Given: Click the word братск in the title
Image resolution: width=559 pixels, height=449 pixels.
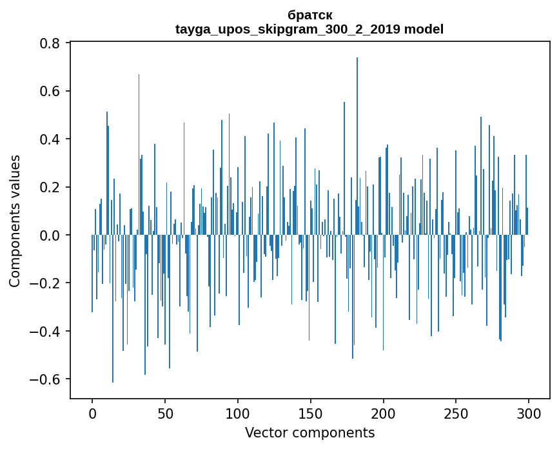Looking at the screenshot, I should click(x=310, y=15).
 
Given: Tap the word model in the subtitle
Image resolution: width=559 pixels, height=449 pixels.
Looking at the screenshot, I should click(x=424, y=29).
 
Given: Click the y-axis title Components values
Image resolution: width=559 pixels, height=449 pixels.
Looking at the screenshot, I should click(x=15, y=221).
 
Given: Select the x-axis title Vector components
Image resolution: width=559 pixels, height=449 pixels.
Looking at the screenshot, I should click(x=309, y=432).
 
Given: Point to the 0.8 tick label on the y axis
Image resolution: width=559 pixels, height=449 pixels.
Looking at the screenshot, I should click(x=50, y=43).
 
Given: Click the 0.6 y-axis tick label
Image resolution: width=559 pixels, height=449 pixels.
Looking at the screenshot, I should click(x=50, y=91).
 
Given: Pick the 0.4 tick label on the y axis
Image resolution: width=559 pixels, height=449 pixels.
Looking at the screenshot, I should click(x=50, y=139).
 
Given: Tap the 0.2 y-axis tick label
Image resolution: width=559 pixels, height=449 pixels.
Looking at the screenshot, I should click(x=50, y=187).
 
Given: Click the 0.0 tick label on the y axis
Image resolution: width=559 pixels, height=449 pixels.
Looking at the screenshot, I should click(x=50, y=235).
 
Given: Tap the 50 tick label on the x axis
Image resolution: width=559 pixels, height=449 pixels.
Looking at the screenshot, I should click(x=165, y=413).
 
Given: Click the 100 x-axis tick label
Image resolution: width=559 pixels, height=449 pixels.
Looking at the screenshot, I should click(x=238, y=413).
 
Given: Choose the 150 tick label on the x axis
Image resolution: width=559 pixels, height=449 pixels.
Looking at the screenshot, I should click(x=311, y=413).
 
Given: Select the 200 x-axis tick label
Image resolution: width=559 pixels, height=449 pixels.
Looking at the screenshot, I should click(x=384, y=413).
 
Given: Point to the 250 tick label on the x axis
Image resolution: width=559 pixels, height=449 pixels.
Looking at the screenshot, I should click(x=456, y=413).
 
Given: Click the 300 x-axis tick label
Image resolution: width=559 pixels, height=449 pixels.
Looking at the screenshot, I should click(x=529, y=413).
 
